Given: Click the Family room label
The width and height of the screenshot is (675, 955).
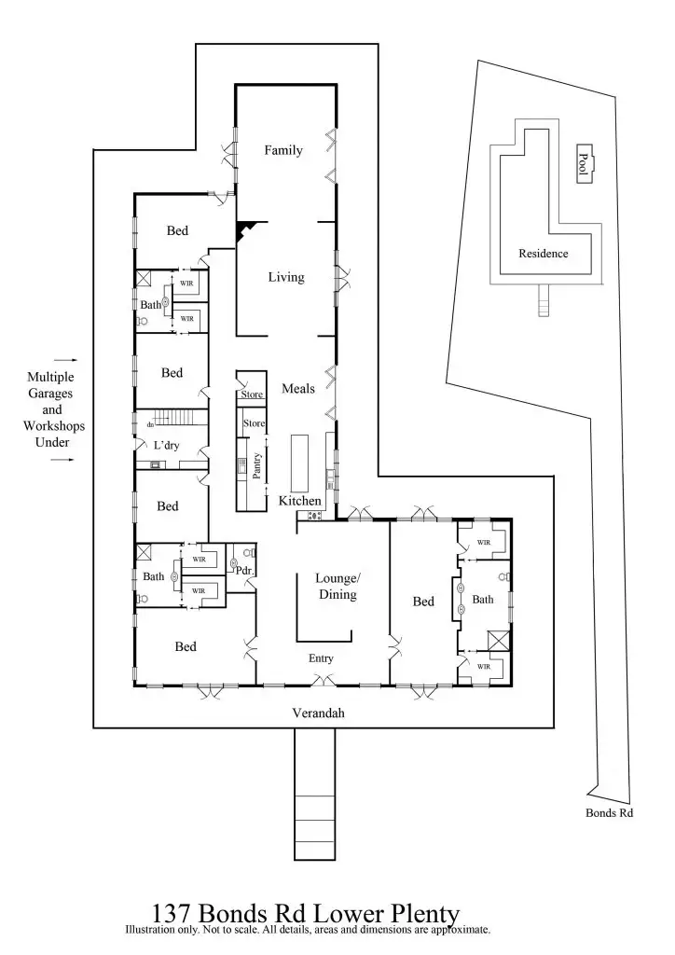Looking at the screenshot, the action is coord(283,150).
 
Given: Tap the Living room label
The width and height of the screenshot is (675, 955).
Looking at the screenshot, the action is coord(286,277).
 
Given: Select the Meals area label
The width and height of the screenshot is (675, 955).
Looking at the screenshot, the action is coord(298,389).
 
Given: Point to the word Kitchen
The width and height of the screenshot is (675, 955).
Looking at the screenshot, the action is coord(300,501).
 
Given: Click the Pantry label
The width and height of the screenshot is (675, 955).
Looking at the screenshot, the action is coord(256,464).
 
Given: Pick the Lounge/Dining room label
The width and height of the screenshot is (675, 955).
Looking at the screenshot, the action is coord(337,586).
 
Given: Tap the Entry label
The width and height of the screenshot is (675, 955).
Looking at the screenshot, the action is coord(321,658).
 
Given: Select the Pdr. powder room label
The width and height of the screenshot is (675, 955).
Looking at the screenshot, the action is coord(245,570).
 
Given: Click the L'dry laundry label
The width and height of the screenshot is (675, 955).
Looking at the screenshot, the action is coord(167,446).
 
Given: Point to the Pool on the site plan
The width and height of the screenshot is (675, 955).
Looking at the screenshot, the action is coord(585,167).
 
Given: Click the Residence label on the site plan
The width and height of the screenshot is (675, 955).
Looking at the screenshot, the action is coord(543,253).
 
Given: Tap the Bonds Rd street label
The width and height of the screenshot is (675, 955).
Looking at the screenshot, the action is coord(609,813).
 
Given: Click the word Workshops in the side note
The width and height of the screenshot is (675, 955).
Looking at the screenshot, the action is coord(52,426).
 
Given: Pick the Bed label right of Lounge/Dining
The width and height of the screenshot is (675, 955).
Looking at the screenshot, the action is coord(423,602).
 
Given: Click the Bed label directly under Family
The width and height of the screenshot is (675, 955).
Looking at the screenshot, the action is coord(179,230).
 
